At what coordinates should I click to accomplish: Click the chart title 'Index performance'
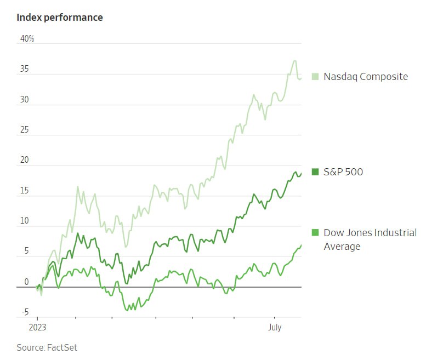pyautogui.click(x=60, y=18)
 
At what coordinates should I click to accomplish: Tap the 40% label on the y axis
pyautogui.click(x=27, y=39)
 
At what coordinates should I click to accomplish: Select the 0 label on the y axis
pyautogui.click(x=26, y=282)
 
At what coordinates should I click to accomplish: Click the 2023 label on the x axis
pyautogui.click(x=37, y=328)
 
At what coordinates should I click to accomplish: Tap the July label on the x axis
pyautogui.click(x=274, y=328)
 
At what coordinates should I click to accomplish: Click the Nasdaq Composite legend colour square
pyautogui.click(x=315, y=77)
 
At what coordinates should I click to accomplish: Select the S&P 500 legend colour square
pyautogui.click(x=315, y=172)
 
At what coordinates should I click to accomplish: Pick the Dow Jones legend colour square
pyautogui.click(x=315, y=233)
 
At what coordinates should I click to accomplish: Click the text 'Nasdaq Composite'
pyautogui.click(x=366, y=77)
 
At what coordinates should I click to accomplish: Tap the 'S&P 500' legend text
pyautogui.click(x=343, y=172)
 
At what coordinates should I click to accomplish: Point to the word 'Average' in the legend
pyautogui.click(x=342, y=247)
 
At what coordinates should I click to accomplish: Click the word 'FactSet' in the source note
pyautogui.click(x=62, y=347)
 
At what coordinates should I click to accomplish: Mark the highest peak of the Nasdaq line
pyautogui.click(x=295, y=61)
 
